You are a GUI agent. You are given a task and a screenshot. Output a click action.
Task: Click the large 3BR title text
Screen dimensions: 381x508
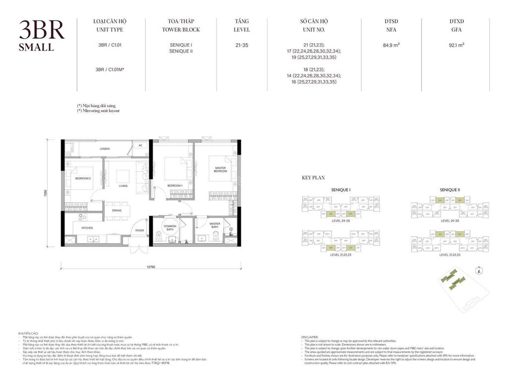point(42,31)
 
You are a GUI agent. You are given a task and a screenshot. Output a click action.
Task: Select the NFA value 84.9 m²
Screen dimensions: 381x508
point(391,45)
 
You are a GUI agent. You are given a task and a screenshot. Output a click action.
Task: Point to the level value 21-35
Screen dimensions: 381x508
point(242,45)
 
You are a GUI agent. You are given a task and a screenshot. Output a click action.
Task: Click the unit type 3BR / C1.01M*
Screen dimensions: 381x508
point(109,69)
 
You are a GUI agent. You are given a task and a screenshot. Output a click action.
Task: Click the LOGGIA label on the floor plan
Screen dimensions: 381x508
point(104,148)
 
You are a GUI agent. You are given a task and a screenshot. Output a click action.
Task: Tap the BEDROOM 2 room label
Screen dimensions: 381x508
point(83,178)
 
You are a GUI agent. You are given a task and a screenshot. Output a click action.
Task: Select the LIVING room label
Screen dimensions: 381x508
point(123,186)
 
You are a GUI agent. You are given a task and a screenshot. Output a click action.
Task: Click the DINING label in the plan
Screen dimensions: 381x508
point(117,210)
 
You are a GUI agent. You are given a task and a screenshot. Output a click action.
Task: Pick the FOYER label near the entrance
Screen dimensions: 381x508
point(140,230)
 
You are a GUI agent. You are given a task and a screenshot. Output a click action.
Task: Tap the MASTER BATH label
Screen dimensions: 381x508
point(215,225)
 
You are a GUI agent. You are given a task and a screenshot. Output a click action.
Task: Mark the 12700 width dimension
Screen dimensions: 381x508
point(151,267)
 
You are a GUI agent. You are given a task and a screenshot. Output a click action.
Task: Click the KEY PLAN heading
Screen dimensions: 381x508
point(313,177)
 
